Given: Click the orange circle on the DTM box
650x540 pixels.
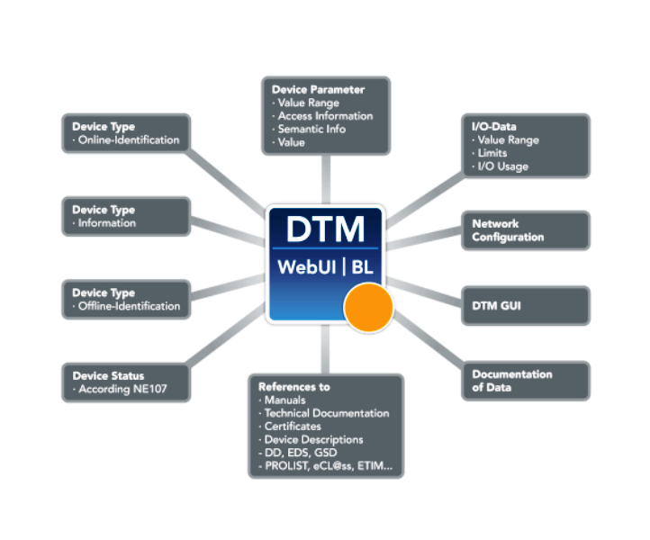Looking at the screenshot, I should (x=369, y=307).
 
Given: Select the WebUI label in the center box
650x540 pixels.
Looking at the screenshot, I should (x=309, y=266).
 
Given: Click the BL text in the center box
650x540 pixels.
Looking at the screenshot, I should (x=363, y=266).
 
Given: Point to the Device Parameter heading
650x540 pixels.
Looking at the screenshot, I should (x=318, y=90).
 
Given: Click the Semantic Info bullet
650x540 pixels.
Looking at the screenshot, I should (x=311, y=130).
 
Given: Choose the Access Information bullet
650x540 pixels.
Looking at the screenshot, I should (x=324, y=116).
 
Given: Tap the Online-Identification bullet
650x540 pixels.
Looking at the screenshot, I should (x=128, y=140).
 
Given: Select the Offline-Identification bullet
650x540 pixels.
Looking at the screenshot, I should (x=129, y=306).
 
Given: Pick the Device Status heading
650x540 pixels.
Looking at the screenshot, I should (x=108, y=375).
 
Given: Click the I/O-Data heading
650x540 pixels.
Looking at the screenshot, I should (x=494, y=127).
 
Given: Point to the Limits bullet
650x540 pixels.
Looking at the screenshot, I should (x=494, y=154).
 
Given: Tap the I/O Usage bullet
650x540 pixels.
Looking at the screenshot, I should (x=502, y=166).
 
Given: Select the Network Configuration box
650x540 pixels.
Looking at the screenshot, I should (x=527, y=230).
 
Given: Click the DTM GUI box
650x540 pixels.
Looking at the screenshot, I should (x=527, y=306).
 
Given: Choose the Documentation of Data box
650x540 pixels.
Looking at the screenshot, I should (x=527, y=381).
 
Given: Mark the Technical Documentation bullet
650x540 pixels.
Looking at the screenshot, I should (x=326, y=413).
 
